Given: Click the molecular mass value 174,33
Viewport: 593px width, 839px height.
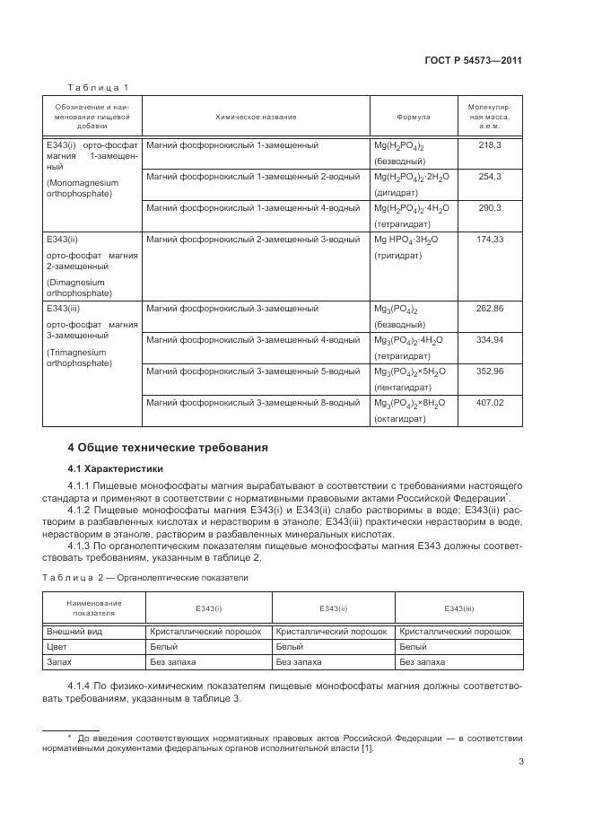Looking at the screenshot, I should point(490,240).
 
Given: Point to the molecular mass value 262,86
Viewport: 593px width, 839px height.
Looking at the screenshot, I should point(490,308).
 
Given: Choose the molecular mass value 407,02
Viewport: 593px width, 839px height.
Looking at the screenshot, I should point(490,402).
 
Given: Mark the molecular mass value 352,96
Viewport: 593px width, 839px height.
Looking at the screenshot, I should point(490,371).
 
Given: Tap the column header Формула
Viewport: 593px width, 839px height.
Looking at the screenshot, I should point(414,117).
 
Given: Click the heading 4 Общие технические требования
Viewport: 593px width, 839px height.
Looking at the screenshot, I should point(168,447).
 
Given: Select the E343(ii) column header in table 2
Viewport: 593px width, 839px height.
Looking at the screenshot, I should point(333,608).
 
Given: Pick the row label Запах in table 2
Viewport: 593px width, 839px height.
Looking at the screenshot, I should point(60,662).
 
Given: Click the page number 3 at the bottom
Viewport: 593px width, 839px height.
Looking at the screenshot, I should point(520,764).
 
